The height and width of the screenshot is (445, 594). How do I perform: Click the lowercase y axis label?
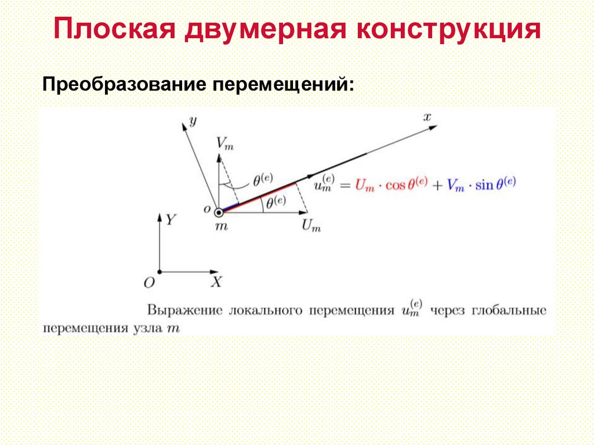click(193, 120)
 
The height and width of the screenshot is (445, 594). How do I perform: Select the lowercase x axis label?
click(428, 117)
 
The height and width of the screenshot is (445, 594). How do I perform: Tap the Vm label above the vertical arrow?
click(224, 143)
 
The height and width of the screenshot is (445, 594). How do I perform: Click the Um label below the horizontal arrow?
click(311, 226)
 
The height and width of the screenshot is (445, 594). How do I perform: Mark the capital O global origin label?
click(149, 283)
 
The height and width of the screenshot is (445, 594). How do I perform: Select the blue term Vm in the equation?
click(457, 186)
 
